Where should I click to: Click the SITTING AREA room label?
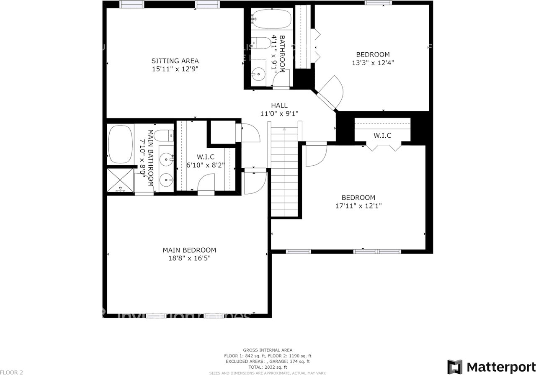pos(175,61)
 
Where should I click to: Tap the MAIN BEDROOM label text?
pos(189,250)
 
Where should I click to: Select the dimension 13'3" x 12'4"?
pos(373,63)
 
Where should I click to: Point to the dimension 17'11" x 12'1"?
pos(358,206)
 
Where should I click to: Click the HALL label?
pos(279,105)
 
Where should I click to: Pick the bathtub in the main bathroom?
pos(120,144)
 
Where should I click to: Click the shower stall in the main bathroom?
pos(121,180)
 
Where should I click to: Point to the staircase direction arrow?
pos(284,129)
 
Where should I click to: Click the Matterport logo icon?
pos(455,367)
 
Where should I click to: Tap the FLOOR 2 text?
pos(11,372)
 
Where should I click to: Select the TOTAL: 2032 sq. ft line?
pos(268,367)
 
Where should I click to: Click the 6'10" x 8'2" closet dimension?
pos(206,165)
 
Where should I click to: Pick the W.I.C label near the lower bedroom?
pos(382,136)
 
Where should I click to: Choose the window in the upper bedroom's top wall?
pos(378,3)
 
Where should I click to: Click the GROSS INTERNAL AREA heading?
pos(268,350)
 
